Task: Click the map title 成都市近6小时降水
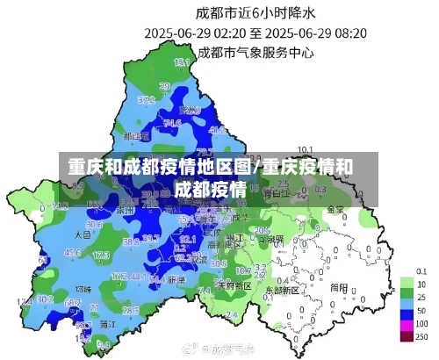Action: pyautogui.click(x=255, y=12)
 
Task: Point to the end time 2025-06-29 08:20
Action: pyautogui.click(x=319, y=32)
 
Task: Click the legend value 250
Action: pyautogui.click(x=422, y=336)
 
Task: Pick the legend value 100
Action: pyautogui.click(x=422, y=324)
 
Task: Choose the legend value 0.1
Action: pyautogui.click(x=422, y=271)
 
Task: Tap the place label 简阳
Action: pyautogui.click(x=337, y=286)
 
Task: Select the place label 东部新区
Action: pyautogui.click(x=283, y=288)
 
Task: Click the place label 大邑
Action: pyautogui.click(x=83, y=234)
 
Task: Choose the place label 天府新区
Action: pyautogui.click(x=234, y=284)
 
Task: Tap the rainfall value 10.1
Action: pyautogui.click(x=306, y=148)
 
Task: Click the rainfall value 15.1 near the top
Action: pyautogui.click(x=183, y=62)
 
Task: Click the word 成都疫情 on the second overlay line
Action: pyautogui.click(x=209, y=189)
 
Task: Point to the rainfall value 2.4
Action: pyautogui.click(x=231, y=313)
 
